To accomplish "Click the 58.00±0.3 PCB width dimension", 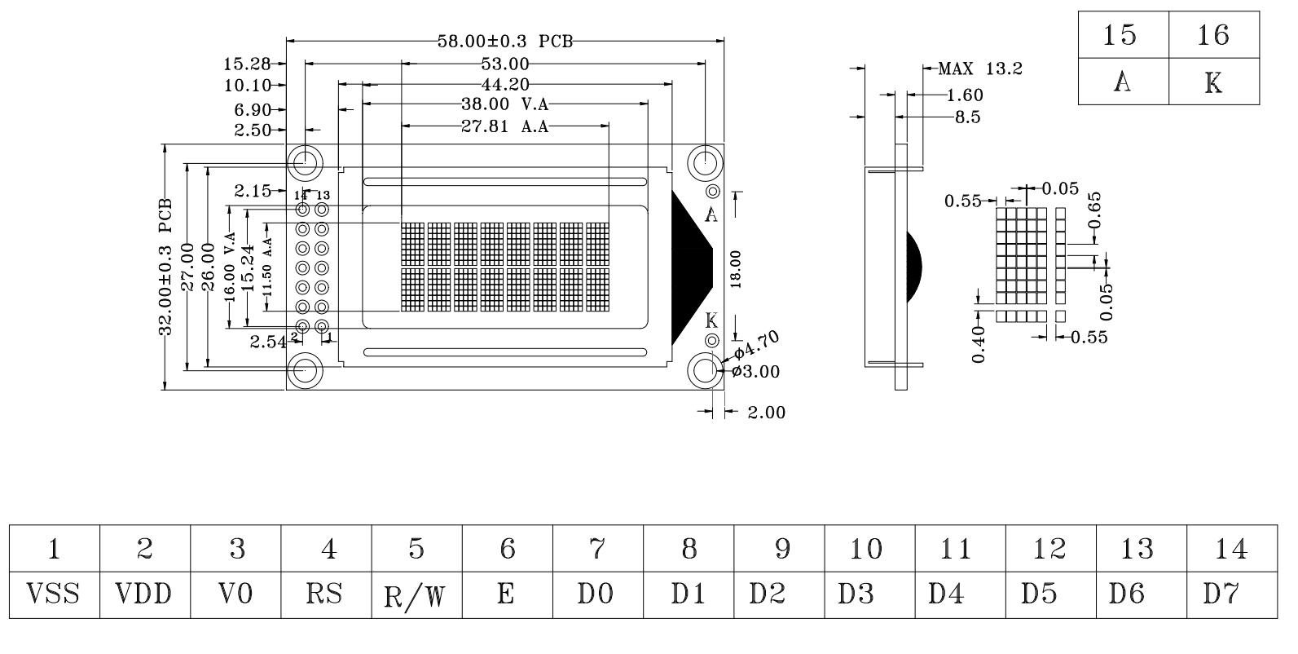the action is tap(504, 41).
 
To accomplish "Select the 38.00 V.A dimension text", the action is tap(504, 104).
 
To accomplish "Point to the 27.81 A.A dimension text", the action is tap(504, 126).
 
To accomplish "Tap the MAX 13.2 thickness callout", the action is tap(980, 69).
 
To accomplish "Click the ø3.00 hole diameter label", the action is tap(755, 372).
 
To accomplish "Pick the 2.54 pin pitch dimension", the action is tap(268, 342).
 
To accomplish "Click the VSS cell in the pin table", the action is tap(54, 594).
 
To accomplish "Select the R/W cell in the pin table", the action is tap(416, 594).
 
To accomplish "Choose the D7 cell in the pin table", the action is tap(1232, 594).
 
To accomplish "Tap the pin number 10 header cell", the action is tap(869, 549).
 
